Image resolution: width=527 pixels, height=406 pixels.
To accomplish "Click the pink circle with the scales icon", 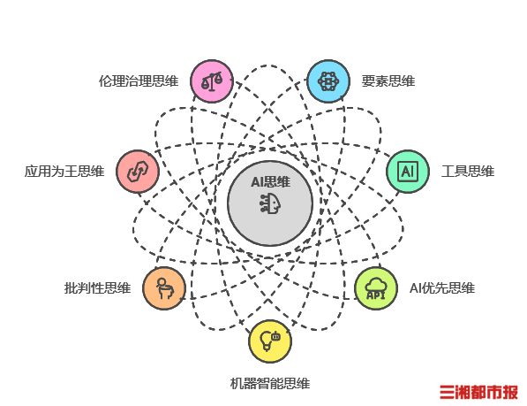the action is click(212, 81).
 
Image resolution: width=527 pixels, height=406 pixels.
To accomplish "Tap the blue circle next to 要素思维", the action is click(328, 81).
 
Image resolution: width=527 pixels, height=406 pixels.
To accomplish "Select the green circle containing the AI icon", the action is click(408, 172).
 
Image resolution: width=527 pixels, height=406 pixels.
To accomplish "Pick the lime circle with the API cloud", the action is click(376, 288).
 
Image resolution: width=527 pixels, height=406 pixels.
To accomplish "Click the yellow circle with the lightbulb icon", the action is click(270, 341).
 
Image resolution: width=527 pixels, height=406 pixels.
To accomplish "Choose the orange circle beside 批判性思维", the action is click(164, 288).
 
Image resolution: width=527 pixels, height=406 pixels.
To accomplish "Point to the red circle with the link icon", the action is click(138, 172).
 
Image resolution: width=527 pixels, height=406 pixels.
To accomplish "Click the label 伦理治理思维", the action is click(139, 81).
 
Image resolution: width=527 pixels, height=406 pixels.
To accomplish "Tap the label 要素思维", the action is click(388, 81).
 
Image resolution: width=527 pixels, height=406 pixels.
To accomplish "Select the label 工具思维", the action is click(468, 172).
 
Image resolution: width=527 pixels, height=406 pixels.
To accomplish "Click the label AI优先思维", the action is click(442, 288).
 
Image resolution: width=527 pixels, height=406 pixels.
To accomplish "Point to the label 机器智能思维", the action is click(270, 384).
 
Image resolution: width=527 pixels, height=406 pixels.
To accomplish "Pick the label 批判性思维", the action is click(97, 288).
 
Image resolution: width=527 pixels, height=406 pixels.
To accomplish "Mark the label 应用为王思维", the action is click(64, 172).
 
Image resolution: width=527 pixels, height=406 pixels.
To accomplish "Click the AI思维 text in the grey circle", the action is click(270, 182).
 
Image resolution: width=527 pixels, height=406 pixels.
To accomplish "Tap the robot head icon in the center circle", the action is click(270, 203).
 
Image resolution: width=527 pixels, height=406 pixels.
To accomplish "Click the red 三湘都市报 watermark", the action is click(479, 392).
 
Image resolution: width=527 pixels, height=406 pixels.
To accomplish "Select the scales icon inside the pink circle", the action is click(212, 81).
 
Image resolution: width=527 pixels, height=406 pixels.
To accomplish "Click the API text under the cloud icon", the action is click(376, 295).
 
